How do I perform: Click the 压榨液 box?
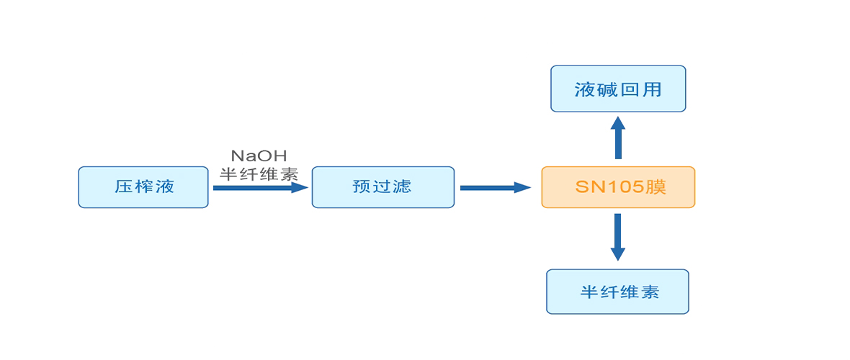tap(143, 187)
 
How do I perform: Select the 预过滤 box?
tap(382, 187)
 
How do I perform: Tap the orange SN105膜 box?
tap(618, 187)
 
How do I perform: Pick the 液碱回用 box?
tap(618, 89)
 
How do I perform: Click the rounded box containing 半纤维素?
tap(617, 292)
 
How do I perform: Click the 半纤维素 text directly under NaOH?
tap(259, 174)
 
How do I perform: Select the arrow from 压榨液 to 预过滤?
tap(260, 188)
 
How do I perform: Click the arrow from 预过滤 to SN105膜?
tap(496, 188)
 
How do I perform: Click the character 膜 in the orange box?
tap(656, 187)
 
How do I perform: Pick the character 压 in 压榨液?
tap(123, 186)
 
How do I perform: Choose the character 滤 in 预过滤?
tap(403, 186)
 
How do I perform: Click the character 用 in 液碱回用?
tap(652, 89)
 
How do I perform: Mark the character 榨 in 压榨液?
tap(144, 186)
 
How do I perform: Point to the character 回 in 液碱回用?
tap(630, 89)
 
